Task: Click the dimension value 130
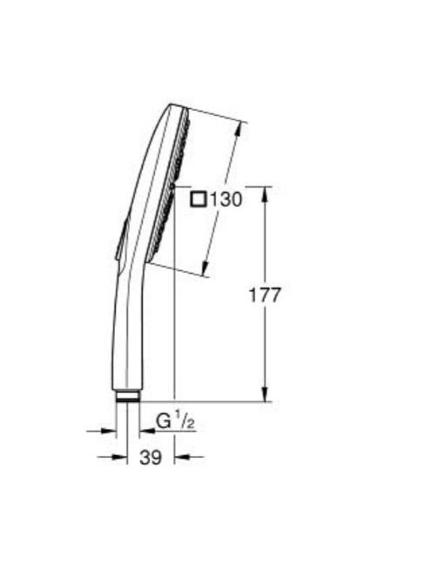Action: (226, 200)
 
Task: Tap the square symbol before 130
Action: (199, 200)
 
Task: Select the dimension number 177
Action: (266, 295)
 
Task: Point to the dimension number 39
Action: (151, 458)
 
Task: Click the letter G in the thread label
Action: (164, 421)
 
